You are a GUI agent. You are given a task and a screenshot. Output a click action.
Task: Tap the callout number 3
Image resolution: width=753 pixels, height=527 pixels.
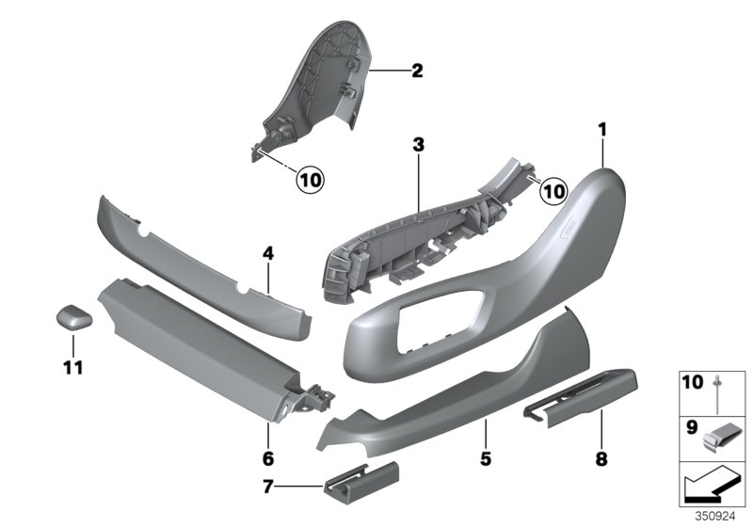click(419, 145)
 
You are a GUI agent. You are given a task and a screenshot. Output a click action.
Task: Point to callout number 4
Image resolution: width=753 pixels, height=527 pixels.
click(268, 252)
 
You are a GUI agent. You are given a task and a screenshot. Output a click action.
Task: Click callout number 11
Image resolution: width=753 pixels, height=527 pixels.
click(72, 366)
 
